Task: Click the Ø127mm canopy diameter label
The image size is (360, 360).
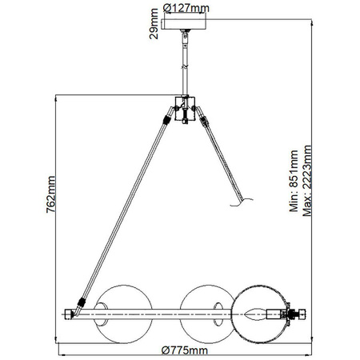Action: coord(186,7)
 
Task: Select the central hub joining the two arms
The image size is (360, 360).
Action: coord(186,110)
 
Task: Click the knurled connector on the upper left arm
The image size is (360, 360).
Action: coord(166,120)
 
